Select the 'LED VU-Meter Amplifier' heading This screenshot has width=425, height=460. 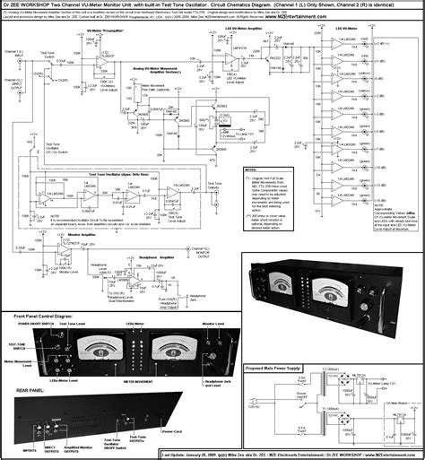(x=240, y=30)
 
